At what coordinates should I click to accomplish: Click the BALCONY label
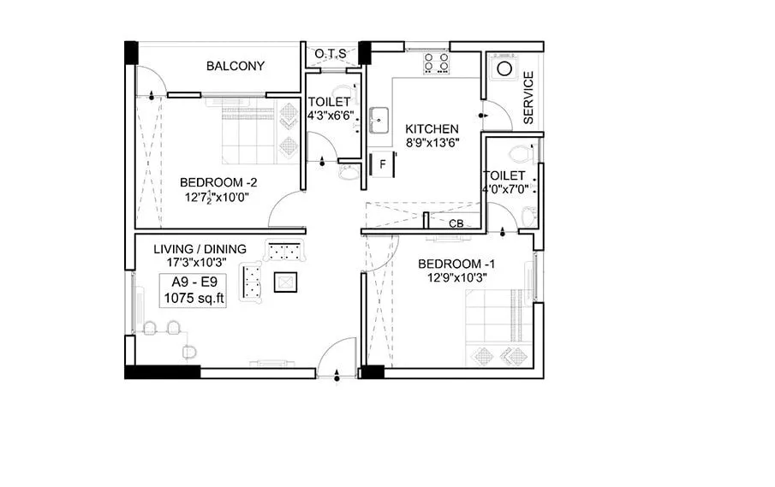coord(235,66)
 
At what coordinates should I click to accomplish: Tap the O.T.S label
coord(331,54)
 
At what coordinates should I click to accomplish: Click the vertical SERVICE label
coord(528,98)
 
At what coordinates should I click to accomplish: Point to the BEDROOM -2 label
coord(218,182)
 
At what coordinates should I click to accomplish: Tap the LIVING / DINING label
coord(200,249)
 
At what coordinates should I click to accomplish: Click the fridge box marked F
coord(382,162)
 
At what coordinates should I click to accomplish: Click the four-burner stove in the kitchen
coord(437,62)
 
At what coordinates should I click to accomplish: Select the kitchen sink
coord(379,120)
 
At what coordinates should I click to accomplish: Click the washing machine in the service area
coord(505,68)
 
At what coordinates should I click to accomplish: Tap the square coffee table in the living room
coord(284,282)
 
